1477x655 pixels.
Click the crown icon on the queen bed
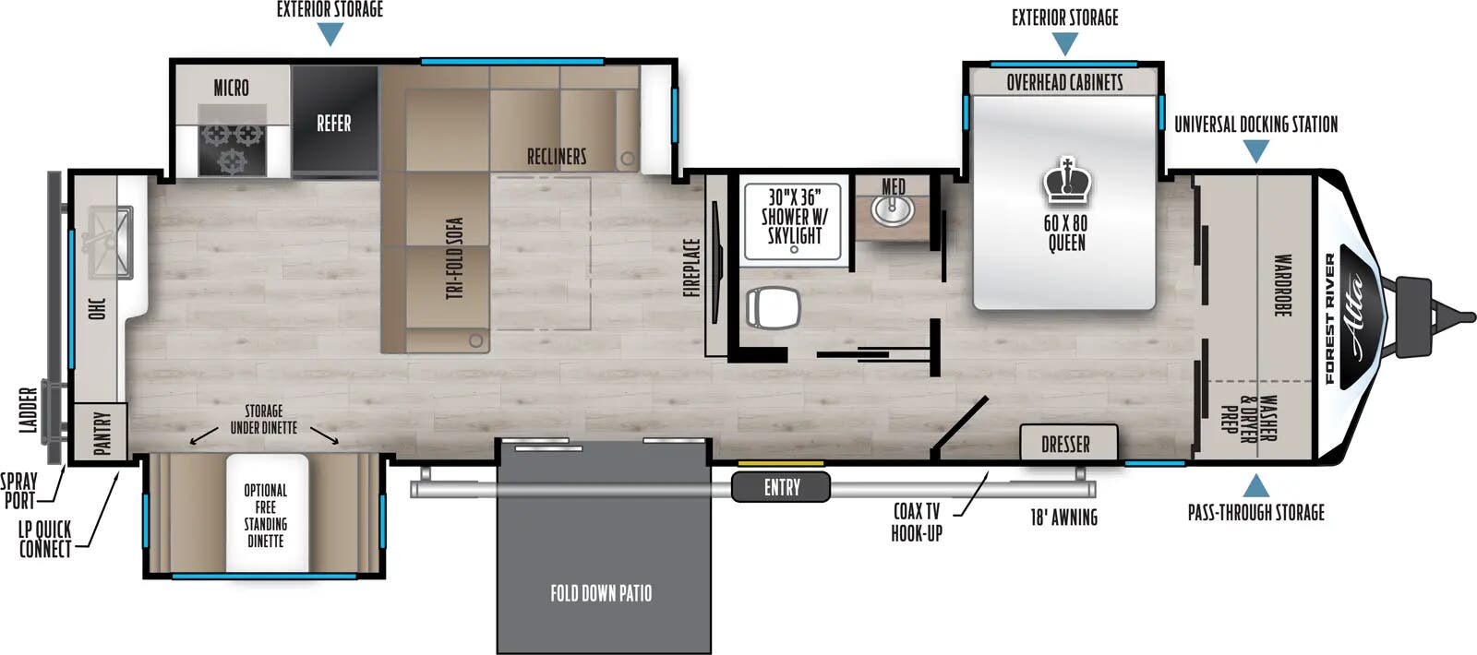[1066, 181]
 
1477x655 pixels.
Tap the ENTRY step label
[781, 487]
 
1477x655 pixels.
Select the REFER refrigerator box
[334, 123]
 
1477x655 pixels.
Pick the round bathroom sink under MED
[892, 211]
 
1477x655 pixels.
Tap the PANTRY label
[102, 432]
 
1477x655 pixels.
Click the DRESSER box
[1067, 444]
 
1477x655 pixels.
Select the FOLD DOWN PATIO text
[601, 593]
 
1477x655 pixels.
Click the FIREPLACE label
[692, 268]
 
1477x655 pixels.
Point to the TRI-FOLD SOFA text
[454, 258]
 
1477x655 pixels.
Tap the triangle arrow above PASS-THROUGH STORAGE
[1255, 485]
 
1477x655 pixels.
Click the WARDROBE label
[1282, 286]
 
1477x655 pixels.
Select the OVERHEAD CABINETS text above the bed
[1064, 83]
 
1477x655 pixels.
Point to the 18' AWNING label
[1063, 518]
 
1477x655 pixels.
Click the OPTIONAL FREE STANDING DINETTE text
[266, 516]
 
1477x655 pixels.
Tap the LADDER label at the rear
[29, 410]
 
